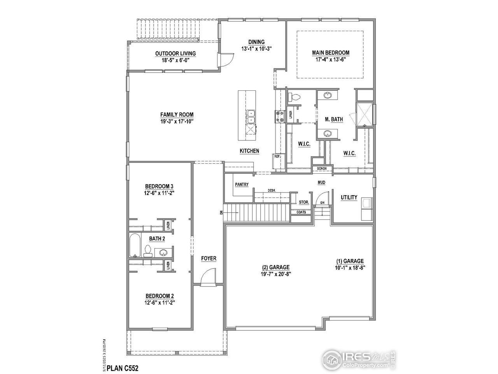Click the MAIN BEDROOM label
pyautogui.click(x=330, y=53)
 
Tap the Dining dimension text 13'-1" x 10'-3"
pyautogui.click(x=256, y=49)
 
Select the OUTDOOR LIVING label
pyautogui.click(x=175, y=54)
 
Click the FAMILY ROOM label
pyautogui.click(x=177, y=115)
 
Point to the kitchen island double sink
pyautogui.click(x=251, y=117)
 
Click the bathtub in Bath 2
pyautogui.click(x=135, y=245)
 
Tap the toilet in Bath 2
pyautogui.click(x=148, y=251)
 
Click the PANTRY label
pyautogui.click(x=242, y=185)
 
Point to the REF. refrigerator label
pyautogui.click(x=277, y=156)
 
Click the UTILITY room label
pyautogui.click(x=349, y=198)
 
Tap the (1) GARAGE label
pyautogui.click(x=350, y=261)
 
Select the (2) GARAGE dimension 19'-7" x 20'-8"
pyautogui.click(x=275, y=274)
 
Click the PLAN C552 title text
pyautogui.click(x=123, y=367)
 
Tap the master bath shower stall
pyautogui.click(x=365, y=114)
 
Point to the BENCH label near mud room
pyautogui.click(x=322, y=169)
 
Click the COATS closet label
pyautogui.click(x=301, y=212)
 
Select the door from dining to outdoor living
pyautogui.click(x=226, y=60)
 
